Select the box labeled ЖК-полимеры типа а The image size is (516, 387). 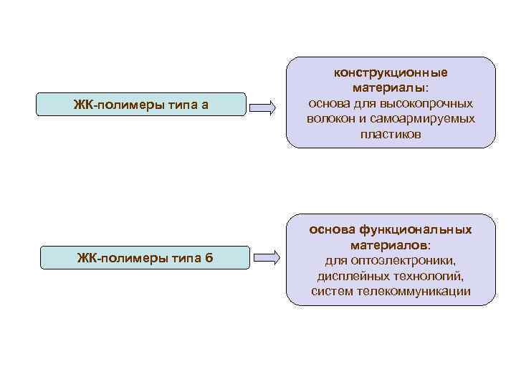tap(142, 106)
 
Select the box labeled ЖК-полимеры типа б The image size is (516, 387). tap(143, 257)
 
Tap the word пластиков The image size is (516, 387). tap(391, 134)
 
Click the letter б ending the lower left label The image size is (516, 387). tap(208, 257)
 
